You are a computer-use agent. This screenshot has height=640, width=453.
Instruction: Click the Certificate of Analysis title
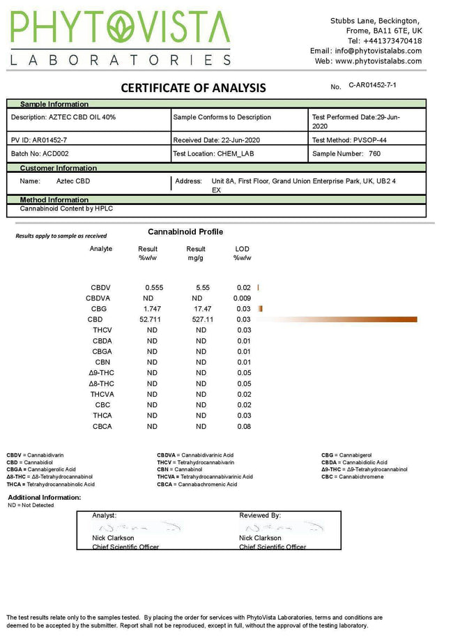tap(193, 88)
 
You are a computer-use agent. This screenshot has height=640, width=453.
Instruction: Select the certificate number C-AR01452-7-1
tap(376, 84)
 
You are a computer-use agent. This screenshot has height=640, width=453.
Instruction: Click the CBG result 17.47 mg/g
tap(201, 309)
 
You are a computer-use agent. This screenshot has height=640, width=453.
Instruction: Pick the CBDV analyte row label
tap(100, 288)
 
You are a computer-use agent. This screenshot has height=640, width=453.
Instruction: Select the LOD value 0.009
tap(243, 298)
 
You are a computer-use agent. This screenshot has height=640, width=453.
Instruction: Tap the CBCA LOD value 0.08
tap(243, 426)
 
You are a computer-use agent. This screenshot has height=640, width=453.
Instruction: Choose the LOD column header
tap(242, 249)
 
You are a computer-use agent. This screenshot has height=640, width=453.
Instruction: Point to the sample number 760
tap(374, 153)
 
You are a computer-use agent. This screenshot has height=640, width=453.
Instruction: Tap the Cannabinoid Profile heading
tap(185, 231)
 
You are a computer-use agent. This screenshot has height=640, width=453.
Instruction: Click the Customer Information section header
tap(58, 168)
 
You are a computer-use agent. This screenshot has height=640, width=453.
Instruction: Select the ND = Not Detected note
tap(31, 505)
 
